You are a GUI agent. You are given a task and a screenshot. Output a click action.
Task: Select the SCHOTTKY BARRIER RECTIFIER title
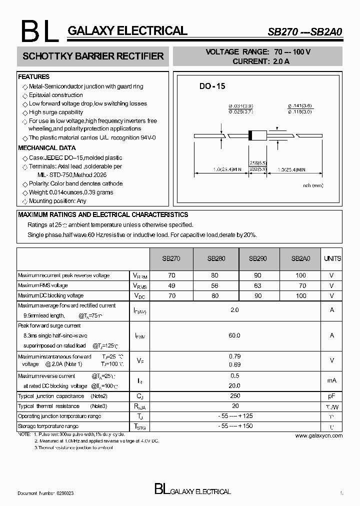(x=93, y=56)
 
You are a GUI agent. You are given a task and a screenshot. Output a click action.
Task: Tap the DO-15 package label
(x=212, y=86)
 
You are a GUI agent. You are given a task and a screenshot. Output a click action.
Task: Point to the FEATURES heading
(x=33, y=77)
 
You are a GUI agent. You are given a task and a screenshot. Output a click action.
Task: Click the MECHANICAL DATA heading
(x=47, y=148)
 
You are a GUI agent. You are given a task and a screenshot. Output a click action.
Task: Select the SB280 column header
(x=216, y=258)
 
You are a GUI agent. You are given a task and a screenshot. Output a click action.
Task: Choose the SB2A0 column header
(x=300, y=258)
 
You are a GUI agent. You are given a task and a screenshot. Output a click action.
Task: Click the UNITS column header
(x=332, y=258)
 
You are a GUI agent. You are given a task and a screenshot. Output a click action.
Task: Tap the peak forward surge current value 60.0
(x=234, y=335)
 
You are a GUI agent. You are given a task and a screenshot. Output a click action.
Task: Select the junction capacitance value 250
(x=234, y=396)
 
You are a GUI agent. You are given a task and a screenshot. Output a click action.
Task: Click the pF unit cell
(x=331, y=396)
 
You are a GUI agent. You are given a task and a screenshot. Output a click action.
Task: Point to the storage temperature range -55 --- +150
(x=234, y=426)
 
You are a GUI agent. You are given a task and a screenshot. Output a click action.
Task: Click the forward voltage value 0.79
(x=234, y=356)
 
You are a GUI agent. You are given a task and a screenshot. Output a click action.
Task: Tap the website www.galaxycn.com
(x=318, y=435)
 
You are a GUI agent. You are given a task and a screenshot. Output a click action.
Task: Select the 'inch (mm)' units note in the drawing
(x=313, y=185)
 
